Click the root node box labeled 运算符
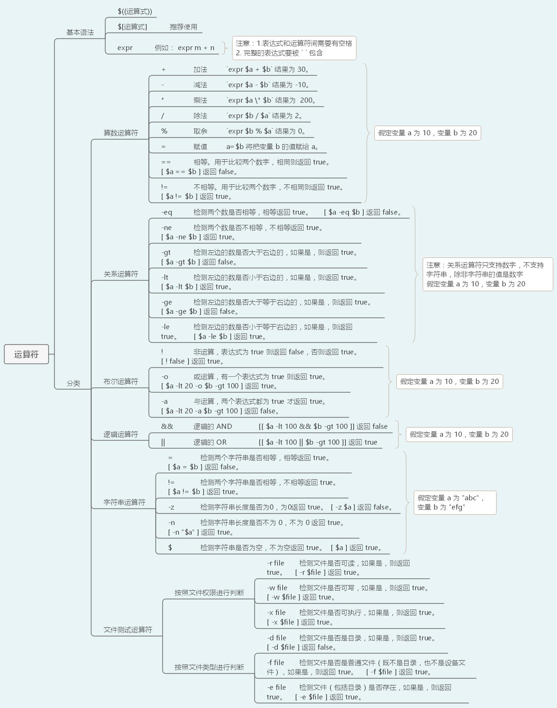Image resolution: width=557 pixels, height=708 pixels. click(26, 354)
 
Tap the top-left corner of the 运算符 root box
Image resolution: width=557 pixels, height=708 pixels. click(4, 344)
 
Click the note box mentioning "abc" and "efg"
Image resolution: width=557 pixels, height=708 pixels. click(455, 502)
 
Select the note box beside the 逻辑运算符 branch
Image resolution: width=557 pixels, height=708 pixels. click(459, 434)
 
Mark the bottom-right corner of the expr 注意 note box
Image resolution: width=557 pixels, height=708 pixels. click(356, 60)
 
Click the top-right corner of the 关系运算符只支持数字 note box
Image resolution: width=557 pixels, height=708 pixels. click(553, 258)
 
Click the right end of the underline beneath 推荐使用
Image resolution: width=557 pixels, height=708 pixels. click(202, 33)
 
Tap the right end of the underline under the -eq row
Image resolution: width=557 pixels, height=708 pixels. click(409, 218)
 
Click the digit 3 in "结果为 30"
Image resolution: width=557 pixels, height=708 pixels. click(299, 69)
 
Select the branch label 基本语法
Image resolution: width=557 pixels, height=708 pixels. click(80, 32)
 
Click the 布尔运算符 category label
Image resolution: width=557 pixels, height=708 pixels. click(121, 381)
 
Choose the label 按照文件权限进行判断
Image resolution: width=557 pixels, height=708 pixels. click(209, 592)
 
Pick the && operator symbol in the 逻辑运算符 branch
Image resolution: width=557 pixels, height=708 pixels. click(167, 426)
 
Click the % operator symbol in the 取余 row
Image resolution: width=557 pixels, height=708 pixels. click(164, 131)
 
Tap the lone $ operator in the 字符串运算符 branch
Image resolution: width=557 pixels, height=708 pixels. click(170, 547)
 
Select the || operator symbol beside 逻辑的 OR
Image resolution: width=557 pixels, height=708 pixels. click(163, 442)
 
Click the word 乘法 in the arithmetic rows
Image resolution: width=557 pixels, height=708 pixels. click(200, 100)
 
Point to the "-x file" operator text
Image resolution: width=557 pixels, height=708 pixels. click(276, 613)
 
